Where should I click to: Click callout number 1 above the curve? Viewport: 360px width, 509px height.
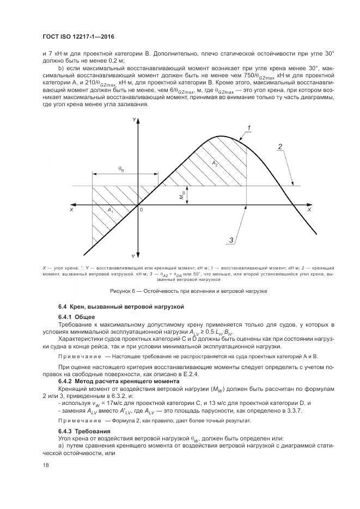248,128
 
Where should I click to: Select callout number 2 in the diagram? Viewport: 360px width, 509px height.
279,146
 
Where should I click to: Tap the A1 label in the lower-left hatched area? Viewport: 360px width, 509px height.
110,210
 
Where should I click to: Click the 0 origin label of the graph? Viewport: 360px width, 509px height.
141,210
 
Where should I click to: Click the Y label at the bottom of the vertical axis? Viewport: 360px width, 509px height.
132,255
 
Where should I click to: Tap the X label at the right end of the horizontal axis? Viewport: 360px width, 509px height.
309,210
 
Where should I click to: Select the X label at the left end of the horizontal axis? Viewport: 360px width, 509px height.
71,210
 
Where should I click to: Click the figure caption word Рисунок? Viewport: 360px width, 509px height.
121,291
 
